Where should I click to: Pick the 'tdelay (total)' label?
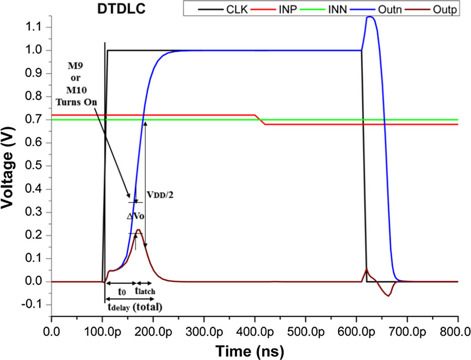click(x=135, y=307)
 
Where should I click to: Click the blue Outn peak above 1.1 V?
click(x=371, y=18)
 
